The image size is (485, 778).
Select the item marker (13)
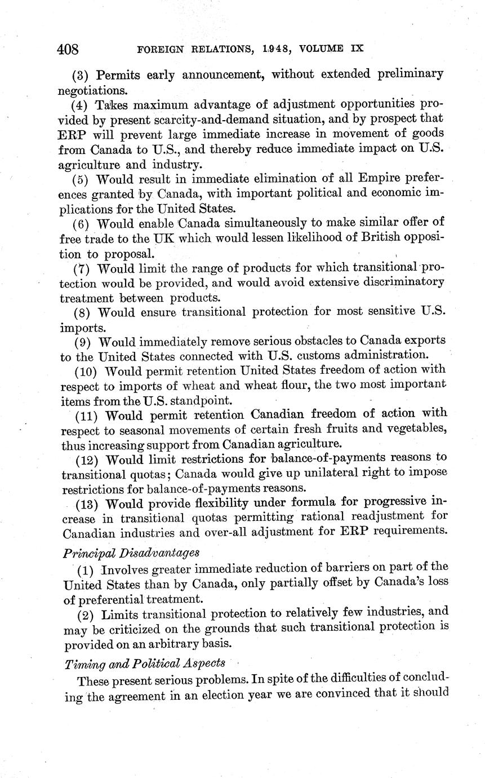pos(87,503)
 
